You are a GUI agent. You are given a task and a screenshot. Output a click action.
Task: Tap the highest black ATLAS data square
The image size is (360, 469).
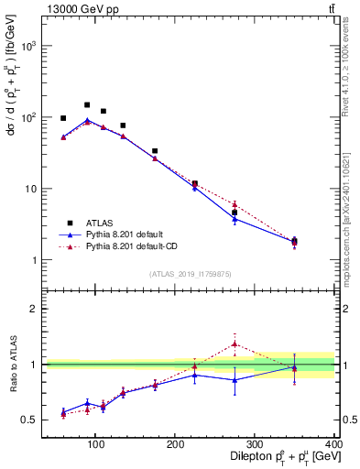[87, 105]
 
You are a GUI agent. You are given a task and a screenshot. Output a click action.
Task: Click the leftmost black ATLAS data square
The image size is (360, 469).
[63, 118]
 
